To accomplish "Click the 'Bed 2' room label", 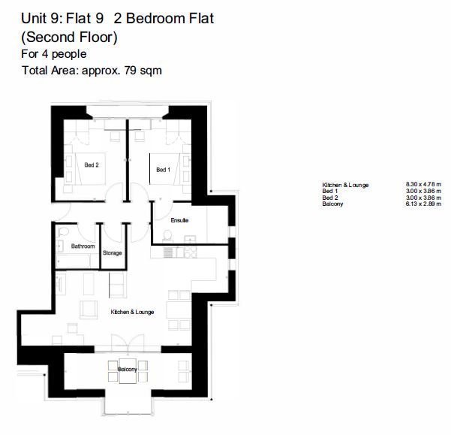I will coord(92,165).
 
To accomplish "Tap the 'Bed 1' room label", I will coord(163,171).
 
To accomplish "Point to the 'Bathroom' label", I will coord(83,246).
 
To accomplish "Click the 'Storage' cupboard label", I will coord(113,253).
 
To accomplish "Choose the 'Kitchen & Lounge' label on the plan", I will coord(133,312).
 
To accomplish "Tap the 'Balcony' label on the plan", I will coord(127,370).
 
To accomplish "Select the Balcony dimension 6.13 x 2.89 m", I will coord(427,204).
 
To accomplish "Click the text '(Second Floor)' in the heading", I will coord(69,37).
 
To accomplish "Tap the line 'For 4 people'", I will coord(53,54).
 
